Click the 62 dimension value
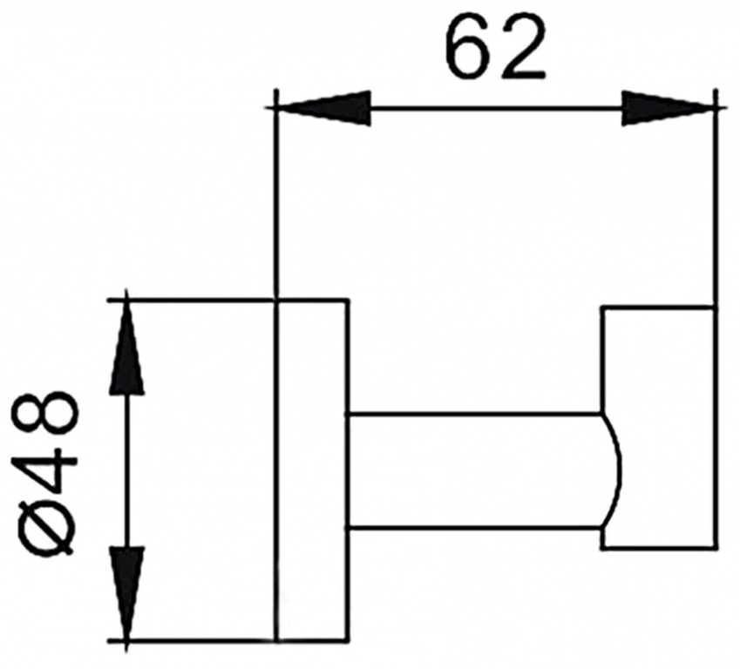coord(496,49)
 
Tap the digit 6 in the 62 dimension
coord(469,49)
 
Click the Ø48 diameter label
coord(44,475)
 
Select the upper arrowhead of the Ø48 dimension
coord(126,347)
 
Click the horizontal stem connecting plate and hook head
coord(475,472)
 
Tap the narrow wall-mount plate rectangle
coord(312,470)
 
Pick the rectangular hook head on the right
coord(660,428)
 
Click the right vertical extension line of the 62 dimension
coord(716,198)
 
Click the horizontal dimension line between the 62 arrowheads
coord(496,109)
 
